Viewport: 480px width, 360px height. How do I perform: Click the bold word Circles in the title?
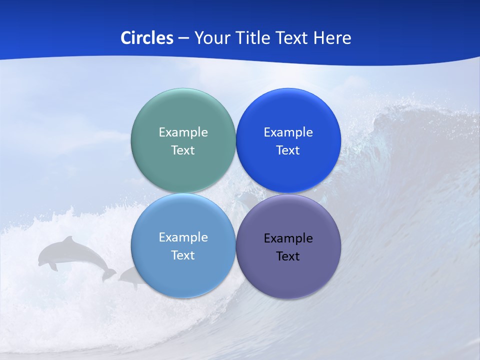(x=146, y=38)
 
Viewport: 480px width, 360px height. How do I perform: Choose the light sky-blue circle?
(x=183, y=275)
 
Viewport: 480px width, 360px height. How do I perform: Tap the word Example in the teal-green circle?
(x=183, y=132)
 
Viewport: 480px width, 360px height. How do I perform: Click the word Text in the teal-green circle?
(x=183, y=150)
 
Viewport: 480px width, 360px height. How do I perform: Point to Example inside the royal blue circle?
(x=288, y=132)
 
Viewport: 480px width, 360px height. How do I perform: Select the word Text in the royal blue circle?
(x=288, y=150)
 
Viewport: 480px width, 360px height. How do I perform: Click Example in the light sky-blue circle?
(x=183, y=237)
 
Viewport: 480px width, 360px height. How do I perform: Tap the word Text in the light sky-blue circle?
(x=183, y=255)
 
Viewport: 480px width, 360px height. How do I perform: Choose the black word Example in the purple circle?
(x=288, y=238)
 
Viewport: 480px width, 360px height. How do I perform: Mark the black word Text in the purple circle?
(x=288, y=256)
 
